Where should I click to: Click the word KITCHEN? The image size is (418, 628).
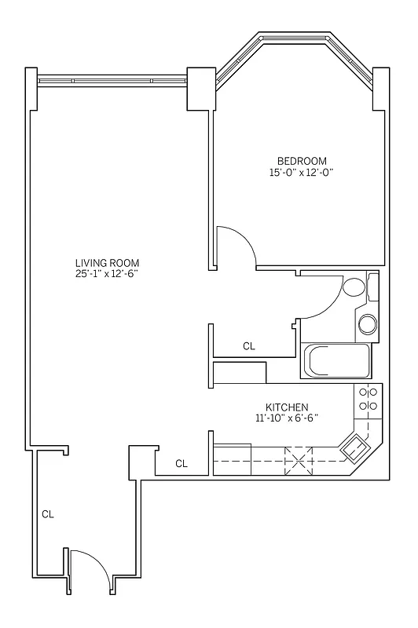tap(286, 407)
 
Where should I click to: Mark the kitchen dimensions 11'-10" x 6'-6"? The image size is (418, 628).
tap(286, 418)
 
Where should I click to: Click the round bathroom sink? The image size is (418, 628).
tap(367, 323)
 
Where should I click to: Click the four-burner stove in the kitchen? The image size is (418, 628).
tap(368, 399)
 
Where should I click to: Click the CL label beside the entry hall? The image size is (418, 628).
tap(48, 514)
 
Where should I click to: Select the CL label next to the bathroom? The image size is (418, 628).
tap(249, 345)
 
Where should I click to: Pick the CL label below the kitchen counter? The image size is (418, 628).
tap(181, 464)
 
